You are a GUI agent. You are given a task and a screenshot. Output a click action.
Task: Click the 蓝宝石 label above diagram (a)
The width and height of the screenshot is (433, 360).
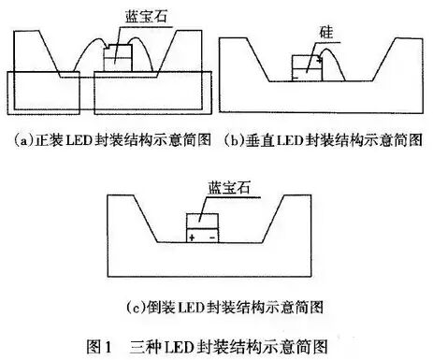pos(127,15)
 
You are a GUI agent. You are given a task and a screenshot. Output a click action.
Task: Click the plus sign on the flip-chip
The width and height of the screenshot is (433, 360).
pos(193,238)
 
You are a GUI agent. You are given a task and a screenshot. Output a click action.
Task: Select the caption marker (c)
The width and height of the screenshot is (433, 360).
pos(133,306)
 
